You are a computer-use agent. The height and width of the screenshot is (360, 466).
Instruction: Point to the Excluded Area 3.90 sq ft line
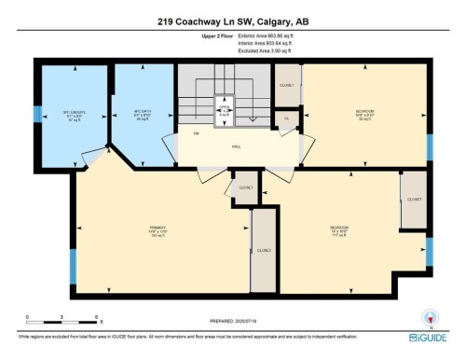[x=258, y=52]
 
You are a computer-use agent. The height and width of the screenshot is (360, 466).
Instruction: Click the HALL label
[x=237, y=145]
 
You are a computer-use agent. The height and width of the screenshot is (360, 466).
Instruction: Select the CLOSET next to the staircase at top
[x=287, y=85]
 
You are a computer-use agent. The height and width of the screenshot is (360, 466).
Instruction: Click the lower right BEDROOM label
[x=338, y=228]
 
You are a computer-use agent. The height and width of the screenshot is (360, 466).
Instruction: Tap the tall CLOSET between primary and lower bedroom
[x=264, y=250]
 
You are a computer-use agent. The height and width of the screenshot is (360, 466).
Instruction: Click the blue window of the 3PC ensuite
[x=38, y=116]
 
